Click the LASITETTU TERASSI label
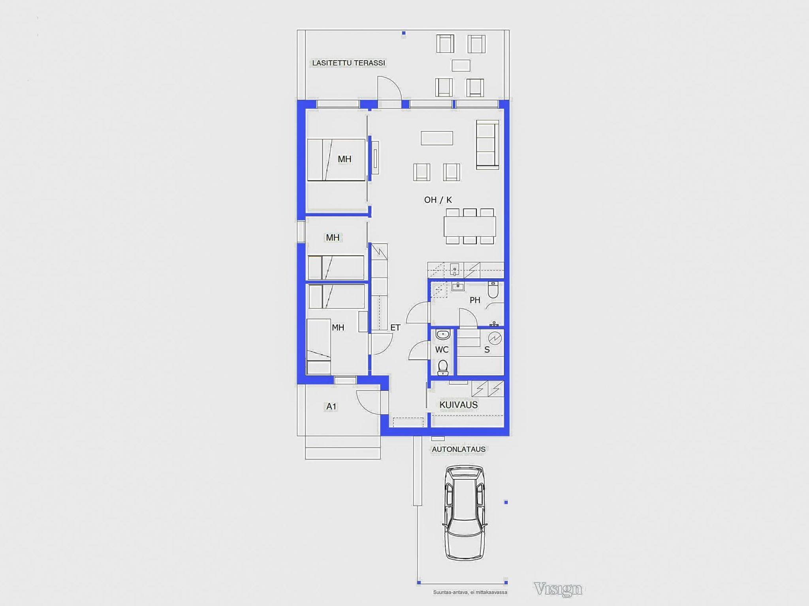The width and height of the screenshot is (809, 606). (348, 63)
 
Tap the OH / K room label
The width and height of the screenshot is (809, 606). (438, 200)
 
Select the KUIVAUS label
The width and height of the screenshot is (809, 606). (459, 405)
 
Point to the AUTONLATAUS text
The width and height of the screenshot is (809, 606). (459, 449)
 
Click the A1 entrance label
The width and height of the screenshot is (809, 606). (331, 406)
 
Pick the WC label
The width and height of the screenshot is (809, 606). (442, 350)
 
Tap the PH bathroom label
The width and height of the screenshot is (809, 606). (475, 300)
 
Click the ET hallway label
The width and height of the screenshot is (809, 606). (395, 327)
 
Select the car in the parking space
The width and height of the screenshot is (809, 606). (465, 513)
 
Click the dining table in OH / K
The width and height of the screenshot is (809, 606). (470, 226)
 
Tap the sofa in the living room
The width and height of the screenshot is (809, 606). (487, 145)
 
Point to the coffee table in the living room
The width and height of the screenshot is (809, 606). (436, 138)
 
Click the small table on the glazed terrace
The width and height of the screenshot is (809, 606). (461, 65)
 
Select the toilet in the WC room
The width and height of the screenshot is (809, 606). (443, 367)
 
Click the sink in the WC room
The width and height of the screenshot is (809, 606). (443, 335)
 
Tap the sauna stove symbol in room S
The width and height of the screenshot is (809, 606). (495, 338)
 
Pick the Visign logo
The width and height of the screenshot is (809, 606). (558, 589)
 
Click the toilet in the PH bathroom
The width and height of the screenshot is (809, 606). (493, 289)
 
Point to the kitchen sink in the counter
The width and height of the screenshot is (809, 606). (455, 270)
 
